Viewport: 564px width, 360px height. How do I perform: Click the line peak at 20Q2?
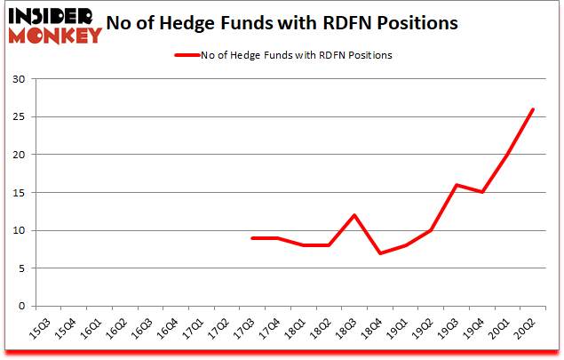[x=532, y=109]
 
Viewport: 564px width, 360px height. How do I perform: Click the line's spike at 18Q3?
[x=355, y=215]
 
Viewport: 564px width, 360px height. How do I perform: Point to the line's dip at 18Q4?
[x=380, y=253]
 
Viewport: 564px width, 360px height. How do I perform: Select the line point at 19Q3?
[x=457, y=185]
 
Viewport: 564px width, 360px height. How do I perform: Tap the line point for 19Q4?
[x=481, y=192]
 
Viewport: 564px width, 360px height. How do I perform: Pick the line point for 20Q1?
[x=506, y=155]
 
